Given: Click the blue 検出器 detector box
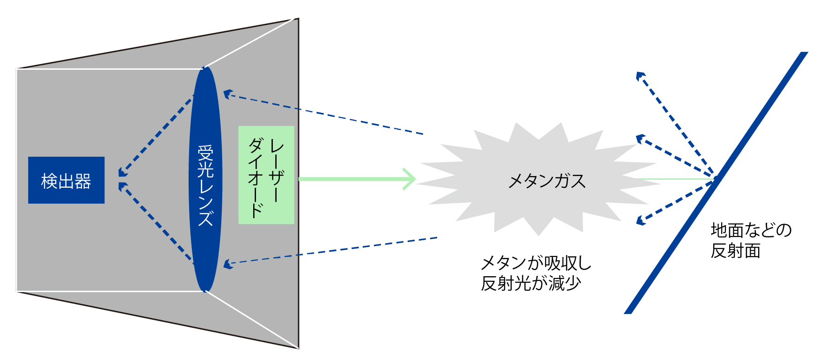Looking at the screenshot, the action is tap(66, 180).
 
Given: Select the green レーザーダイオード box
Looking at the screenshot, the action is tap(266, 175).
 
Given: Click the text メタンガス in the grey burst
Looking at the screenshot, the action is tap(547, 181).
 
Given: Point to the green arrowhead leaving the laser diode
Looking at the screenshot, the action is tap(410, 179).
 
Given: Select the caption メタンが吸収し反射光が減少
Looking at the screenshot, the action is tap(536, 273).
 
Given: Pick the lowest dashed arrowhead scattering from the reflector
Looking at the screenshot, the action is tap(641, 220).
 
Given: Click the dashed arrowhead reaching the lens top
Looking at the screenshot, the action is tap(227, 94).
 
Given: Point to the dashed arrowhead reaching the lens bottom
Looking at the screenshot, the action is tap(227, 264).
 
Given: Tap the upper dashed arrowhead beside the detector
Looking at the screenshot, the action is tap(123, 172).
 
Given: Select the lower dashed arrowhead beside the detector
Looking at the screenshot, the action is tap(123, 187).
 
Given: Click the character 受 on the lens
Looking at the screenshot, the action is tap(205, 153).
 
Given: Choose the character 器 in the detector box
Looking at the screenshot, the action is tap(83, 181).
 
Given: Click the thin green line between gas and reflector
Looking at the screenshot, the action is tap(674, 179).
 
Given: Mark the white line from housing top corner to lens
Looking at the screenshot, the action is tap(250, 43).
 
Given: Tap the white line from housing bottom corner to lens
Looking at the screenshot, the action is tap(250, 319).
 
